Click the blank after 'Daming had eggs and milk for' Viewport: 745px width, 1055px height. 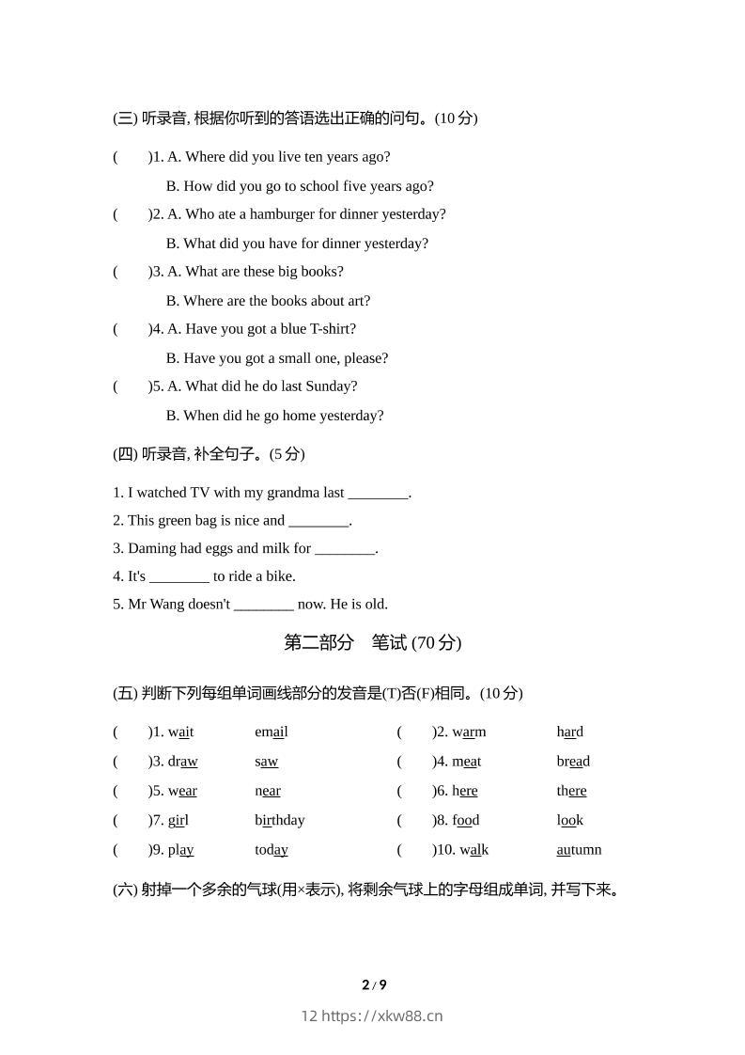tap(345, 548)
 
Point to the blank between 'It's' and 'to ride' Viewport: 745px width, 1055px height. tap(179, 576)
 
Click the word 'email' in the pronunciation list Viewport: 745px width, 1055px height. tap(272, 732)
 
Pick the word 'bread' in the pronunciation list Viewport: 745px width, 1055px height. tap(573, 762)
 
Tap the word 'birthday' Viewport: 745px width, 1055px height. tap(280, 820)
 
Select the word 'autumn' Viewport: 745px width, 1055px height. tap(579, 850)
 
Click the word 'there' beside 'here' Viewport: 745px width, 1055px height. tap(571, 791)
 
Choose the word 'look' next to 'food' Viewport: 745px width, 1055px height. tap(569, 820)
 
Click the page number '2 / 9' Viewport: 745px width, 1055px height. tap(374, 985)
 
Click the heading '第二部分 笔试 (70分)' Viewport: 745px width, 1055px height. tap(372, 643)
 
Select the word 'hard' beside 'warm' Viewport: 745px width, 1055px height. tap(569, 732)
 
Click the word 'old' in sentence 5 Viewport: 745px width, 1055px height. tap(375, 605)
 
